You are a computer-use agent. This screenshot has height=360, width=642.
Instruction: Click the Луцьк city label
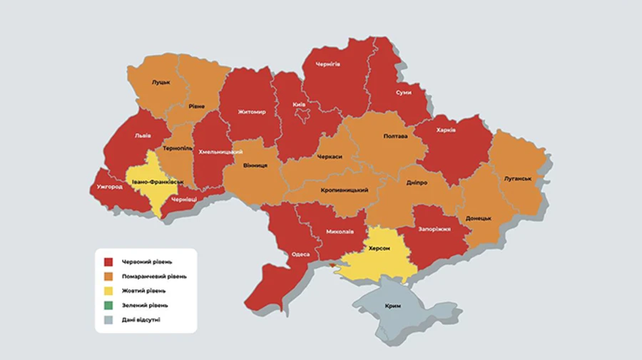point(160,82)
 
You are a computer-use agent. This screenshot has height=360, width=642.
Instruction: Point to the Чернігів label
point(327,64)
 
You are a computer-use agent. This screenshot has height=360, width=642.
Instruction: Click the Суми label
point(403,93)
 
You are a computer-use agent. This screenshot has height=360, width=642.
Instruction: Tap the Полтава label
point(395,136)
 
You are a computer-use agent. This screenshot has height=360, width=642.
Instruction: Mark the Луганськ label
point(519,178)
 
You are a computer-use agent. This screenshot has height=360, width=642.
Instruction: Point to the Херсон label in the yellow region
point(378,248)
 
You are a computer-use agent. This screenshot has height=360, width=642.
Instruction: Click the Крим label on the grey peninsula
point(392,306)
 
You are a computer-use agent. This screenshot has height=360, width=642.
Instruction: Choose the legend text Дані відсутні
point(141,320)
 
